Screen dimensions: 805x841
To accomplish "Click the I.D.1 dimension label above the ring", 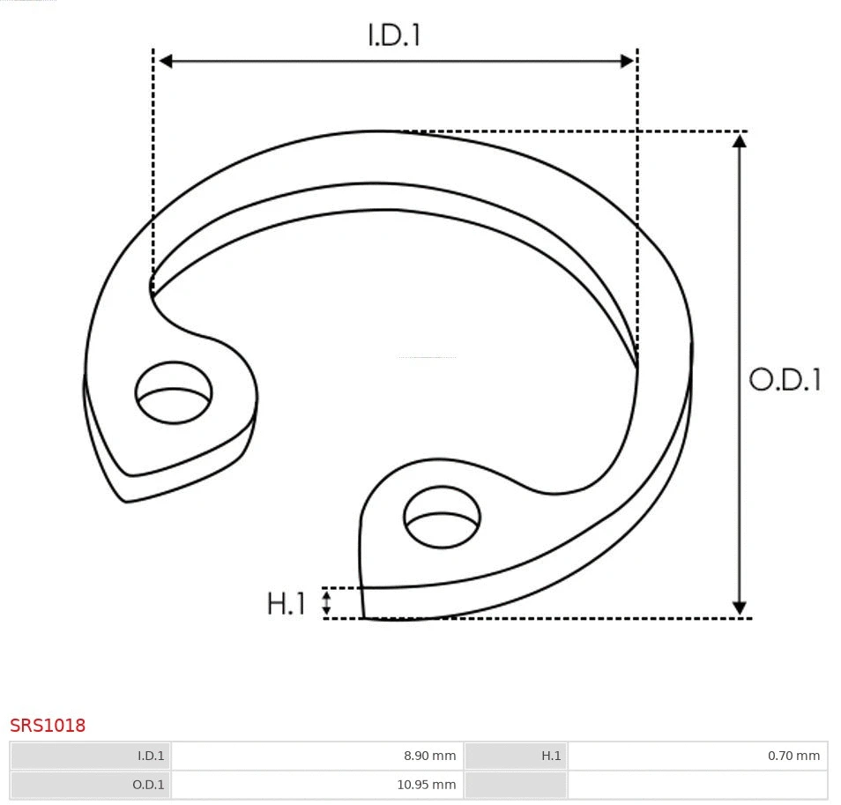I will [x=394, y=34].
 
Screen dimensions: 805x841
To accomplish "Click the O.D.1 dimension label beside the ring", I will [x=785, y=379].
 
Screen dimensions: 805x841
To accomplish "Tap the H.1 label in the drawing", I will [x=286, y=604].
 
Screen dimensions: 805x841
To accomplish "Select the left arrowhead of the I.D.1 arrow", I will [x=165, y=61].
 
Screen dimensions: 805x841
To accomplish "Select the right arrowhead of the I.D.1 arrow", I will [x=627, y=61].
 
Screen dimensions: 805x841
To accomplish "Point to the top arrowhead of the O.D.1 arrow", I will [x=739, y=140].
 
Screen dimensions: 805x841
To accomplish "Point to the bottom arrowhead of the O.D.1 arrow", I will [x=739, y=608].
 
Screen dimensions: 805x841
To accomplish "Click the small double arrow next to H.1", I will [x=326, y=603].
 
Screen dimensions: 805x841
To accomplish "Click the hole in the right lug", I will [x=443, y=516].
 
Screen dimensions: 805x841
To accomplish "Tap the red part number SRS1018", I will [x=48, y=726].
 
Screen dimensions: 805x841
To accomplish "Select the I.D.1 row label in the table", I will [x=151, y=756].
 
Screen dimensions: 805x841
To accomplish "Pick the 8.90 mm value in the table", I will [x=429, y=756].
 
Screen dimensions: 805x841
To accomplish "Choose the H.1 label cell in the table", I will [x=551, y=756].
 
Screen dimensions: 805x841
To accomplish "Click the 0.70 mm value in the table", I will [x=793, y=756].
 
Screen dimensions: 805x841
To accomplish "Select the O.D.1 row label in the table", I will [x=148, y=785].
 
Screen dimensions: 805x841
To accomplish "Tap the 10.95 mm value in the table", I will [x=426, y=785].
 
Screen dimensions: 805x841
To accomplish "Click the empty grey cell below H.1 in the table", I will [x=516, y=785].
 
